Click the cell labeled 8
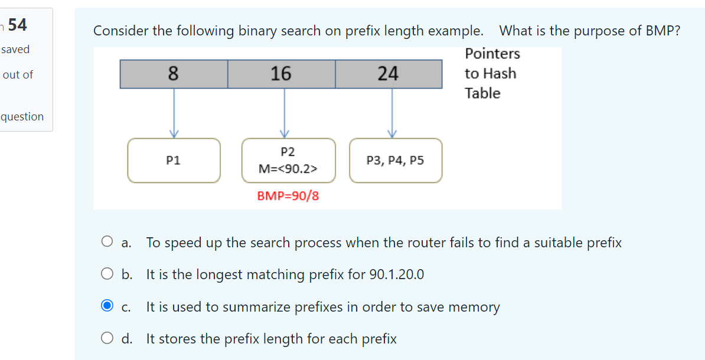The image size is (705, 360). (x=174, y=74)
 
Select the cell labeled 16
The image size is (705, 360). (x=281, y=74)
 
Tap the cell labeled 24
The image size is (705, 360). (x=389, y=74)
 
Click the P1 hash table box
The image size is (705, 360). (x=174, y=160)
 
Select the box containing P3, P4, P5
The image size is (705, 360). (x=395, y=160)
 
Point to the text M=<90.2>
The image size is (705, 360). (x=288, y=169)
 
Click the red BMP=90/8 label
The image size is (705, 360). (x=288, y=196)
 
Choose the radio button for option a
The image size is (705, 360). (x=107, y=241)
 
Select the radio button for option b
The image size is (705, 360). (x=107, y=274)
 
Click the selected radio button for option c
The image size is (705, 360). (x=107, y=306)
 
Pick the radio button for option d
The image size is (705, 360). (x=107, y=338)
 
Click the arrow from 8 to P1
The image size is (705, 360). (x=174, y=112)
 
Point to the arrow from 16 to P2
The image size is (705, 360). (x=285, y=112)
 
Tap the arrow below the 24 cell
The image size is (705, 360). (x=393, y=112)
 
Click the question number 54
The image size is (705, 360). (x=17, y=25)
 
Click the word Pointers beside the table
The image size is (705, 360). (x=492, y=54)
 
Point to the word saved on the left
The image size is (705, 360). (x=15, y=50)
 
